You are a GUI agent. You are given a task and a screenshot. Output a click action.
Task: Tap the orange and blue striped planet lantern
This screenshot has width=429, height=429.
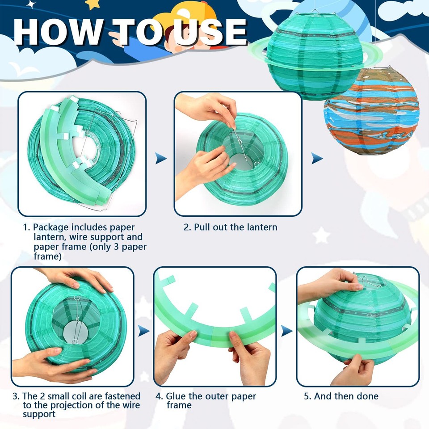pos(370,112)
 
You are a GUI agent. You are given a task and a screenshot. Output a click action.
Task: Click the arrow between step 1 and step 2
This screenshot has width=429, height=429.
pos(161,158)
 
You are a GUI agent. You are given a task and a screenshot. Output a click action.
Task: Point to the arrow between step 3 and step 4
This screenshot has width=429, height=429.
pos(143,331)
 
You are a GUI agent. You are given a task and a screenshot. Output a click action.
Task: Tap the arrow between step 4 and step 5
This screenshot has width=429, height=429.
pos(286,331)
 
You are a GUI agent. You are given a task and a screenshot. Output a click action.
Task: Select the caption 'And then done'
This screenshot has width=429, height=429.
pos(346,396)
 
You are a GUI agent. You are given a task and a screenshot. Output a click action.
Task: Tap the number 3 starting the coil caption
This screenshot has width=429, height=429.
pos(16,396)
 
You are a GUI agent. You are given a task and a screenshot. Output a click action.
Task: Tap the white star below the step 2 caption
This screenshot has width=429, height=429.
pos(321,235)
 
